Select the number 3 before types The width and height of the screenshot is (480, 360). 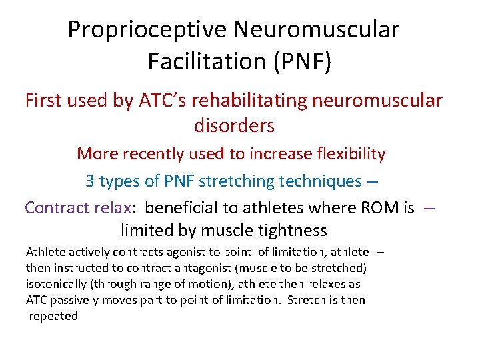90,181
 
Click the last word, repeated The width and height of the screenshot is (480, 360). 53,316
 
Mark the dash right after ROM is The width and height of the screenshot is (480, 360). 429,208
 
